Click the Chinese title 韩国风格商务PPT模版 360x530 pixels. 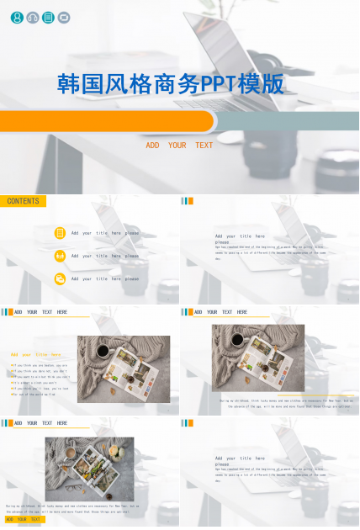tap(171, 84)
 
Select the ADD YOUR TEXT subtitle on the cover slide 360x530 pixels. tap(179, 146)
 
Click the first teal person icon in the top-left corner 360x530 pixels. tap(17, 17)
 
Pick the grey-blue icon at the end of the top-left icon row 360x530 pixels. tap(64, 17)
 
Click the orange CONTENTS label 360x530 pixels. tap(24, 202)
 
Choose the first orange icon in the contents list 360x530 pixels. tap(60, 233)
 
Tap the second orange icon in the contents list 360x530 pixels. tap(60, 256)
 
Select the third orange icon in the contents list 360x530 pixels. tap(60, 278)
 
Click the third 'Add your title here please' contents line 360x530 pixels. tap(105, 278)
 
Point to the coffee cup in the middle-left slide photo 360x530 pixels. tap(103, 351)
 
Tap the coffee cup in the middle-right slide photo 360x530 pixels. tap(237, 340)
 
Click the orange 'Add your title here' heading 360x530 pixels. tap(35, 354)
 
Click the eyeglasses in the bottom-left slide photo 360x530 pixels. tap(73, 487)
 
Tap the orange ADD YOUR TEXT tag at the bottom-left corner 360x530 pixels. tap(23, 520)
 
